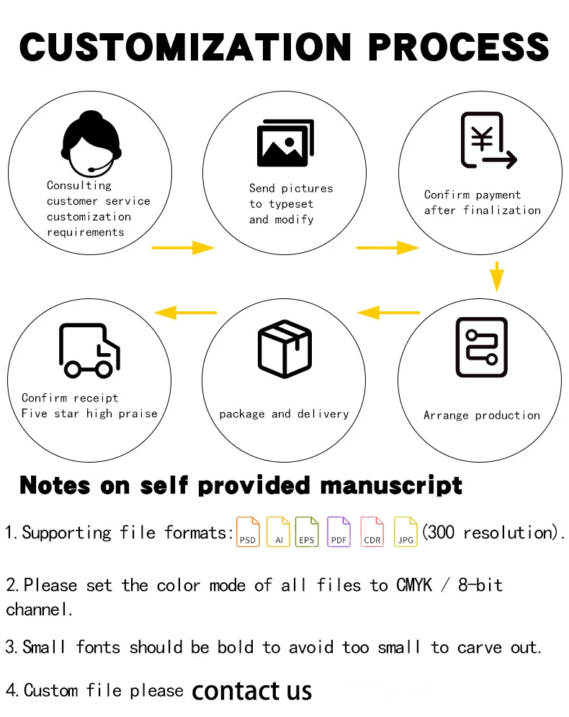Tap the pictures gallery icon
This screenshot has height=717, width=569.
click(284, 143)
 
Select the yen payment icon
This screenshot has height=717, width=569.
click(488, 141)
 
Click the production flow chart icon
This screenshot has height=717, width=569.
click(481, 347)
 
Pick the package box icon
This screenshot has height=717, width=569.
click(284, 349)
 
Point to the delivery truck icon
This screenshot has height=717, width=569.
click(89, 350)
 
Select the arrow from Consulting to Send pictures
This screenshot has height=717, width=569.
click(183, 248)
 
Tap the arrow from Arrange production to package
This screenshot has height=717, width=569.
click(389, 312)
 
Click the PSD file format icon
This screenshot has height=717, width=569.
click(248, 532)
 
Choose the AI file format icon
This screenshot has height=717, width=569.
click(278, 532)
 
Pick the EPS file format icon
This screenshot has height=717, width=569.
click(307, 532)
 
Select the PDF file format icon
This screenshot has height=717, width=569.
click(339, 532)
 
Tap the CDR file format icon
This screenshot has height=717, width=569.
click(372, 532)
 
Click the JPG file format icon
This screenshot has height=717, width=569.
click(406, 532)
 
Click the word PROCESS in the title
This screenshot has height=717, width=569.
click(459, 46)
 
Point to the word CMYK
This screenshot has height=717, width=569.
click(414, 584)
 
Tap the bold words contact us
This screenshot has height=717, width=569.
click(251, 691)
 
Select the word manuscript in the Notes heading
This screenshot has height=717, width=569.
click(390, 485)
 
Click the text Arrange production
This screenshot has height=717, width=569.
click(481, 415)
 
